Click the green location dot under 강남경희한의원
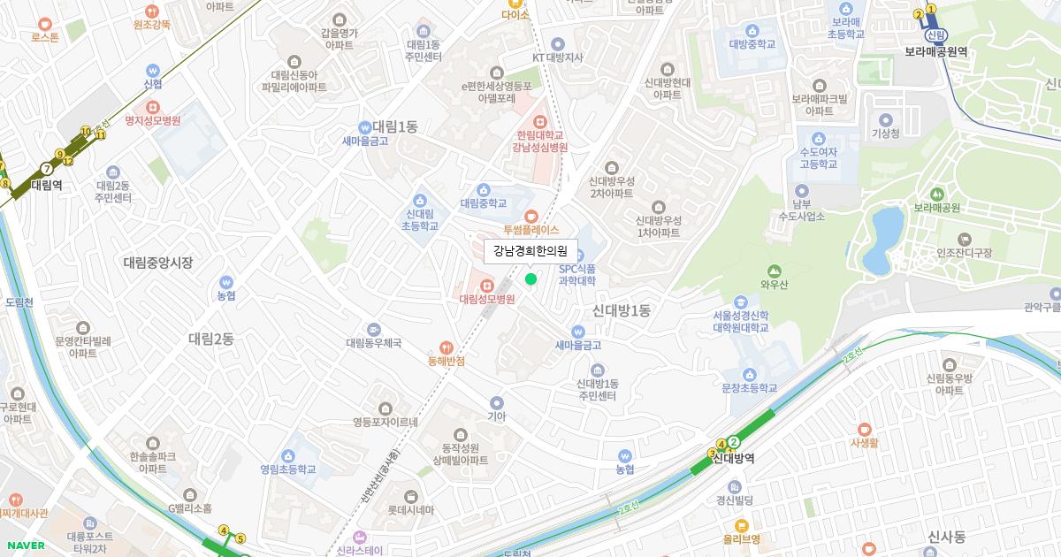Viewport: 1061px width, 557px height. coord(530,279)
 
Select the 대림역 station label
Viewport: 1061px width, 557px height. coord(46,185)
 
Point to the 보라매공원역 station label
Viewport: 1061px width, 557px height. coord(935,51)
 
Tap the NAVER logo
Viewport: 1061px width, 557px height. coord(24,545)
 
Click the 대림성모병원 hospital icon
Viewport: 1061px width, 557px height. coord(487,286)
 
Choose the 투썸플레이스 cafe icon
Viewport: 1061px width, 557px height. coord(531,216)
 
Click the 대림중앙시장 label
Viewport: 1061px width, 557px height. coord(157,263)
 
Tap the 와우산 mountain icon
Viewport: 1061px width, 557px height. coord(775,271)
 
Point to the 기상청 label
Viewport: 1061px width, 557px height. coord(885,134)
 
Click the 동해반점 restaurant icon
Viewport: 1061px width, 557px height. coord(447,347)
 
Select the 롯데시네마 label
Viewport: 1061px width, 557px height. coord(410,510)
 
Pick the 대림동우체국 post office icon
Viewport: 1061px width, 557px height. coord(374,329)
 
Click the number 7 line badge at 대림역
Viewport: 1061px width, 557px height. coord(46,168)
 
